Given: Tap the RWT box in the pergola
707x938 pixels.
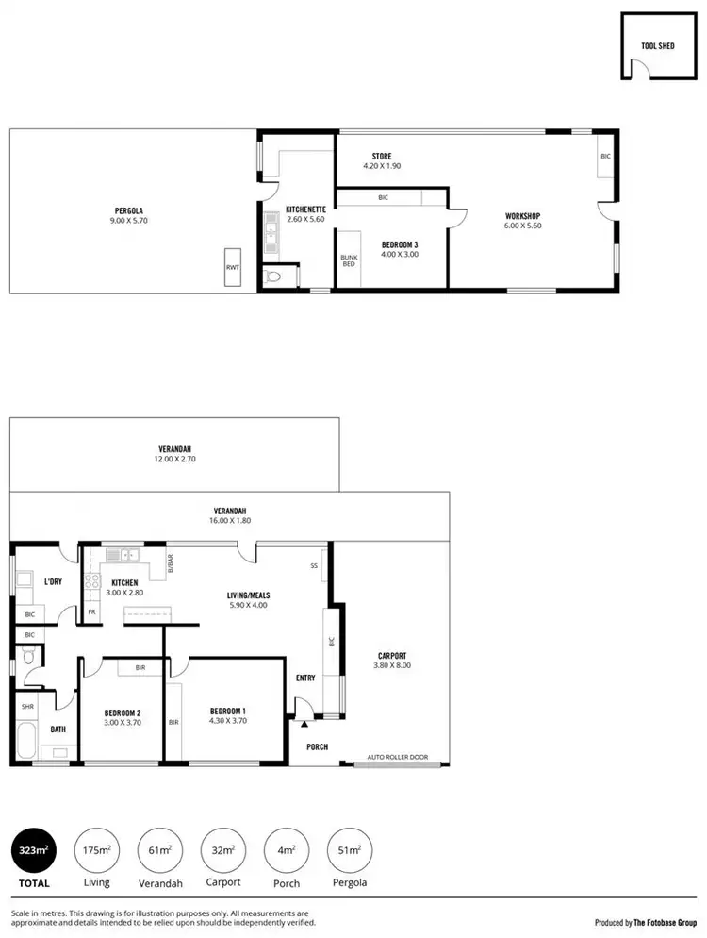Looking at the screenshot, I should click(232, 268).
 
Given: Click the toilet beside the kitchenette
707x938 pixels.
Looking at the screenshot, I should click(273, 277).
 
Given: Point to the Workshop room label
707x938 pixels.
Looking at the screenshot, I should click(523, 216).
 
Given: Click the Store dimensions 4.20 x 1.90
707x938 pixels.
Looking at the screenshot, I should click(382, 166).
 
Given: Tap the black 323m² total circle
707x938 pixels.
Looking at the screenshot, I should click(34, 851).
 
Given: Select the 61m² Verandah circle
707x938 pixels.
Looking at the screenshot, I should click(160, 851).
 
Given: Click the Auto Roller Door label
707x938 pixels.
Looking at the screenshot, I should click(397, 757).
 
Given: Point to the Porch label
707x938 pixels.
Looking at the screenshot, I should click(318, 747).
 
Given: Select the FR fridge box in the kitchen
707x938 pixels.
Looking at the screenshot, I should click(91, 611).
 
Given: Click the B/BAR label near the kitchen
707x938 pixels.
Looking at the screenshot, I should click(171, 563).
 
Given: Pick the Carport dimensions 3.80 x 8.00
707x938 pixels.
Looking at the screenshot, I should click(393, 665).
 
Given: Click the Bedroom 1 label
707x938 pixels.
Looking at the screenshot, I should click(227, 711).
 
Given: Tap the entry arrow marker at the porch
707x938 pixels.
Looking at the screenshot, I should click(304, 725).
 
